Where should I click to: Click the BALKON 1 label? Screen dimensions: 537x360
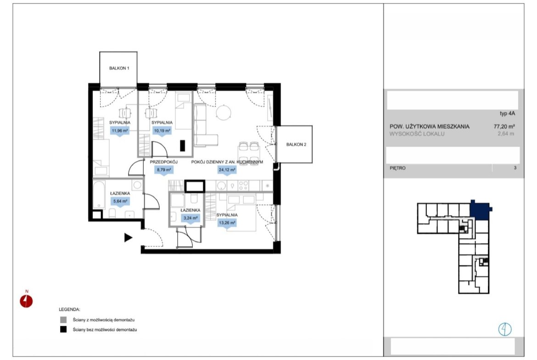tap(119, 68)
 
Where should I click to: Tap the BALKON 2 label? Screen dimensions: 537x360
tap(296, 144)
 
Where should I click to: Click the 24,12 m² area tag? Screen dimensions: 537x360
tap(227, 169)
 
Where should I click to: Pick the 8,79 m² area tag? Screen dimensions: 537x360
tap(164, 169)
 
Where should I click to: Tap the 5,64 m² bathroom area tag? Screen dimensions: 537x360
tap(120, 201)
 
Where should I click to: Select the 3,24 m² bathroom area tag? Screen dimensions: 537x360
tap(190, 218)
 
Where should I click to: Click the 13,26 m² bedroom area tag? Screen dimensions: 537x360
tap(227, 223)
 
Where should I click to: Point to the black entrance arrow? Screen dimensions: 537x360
tap(128, 238)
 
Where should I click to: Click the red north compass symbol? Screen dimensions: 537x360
tap(26, 301)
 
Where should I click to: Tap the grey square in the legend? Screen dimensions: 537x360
tap(63, 320)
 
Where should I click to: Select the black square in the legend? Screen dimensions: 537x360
tap(63, 330)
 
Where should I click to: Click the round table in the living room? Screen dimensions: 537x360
tap(224, 112)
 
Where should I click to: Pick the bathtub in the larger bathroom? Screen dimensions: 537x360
tap(99, 195)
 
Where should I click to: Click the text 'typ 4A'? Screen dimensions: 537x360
tap(507, 114)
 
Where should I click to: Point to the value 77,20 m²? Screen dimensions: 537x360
tap(504, 126)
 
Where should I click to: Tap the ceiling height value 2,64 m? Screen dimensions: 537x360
tap(506, 134)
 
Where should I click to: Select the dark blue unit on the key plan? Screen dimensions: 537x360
tap(480, 210)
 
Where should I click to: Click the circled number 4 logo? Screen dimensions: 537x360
tap(505, 330)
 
